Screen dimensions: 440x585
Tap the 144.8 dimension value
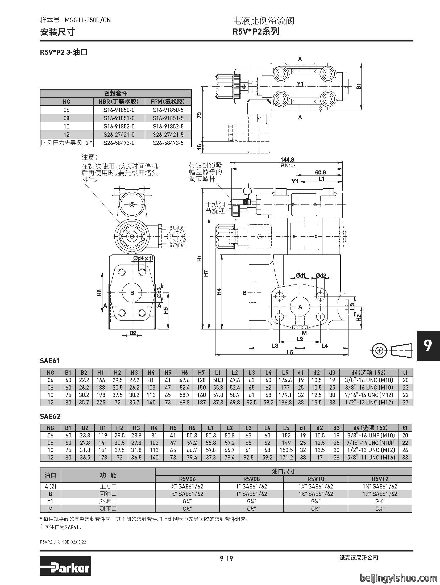pos(287,160)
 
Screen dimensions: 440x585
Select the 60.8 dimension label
pos(320,172)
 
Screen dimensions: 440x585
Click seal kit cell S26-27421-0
pos(119,135)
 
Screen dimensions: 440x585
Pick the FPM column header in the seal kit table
pos(168,101)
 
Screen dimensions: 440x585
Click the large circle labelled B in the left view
pos(132,293)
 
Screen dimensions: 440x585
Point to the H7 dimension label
pos(206,273)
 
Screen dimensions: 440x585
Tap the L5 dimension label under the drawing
pos(290,352)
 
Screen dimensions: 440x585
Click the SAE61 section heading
pos(50,361)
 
